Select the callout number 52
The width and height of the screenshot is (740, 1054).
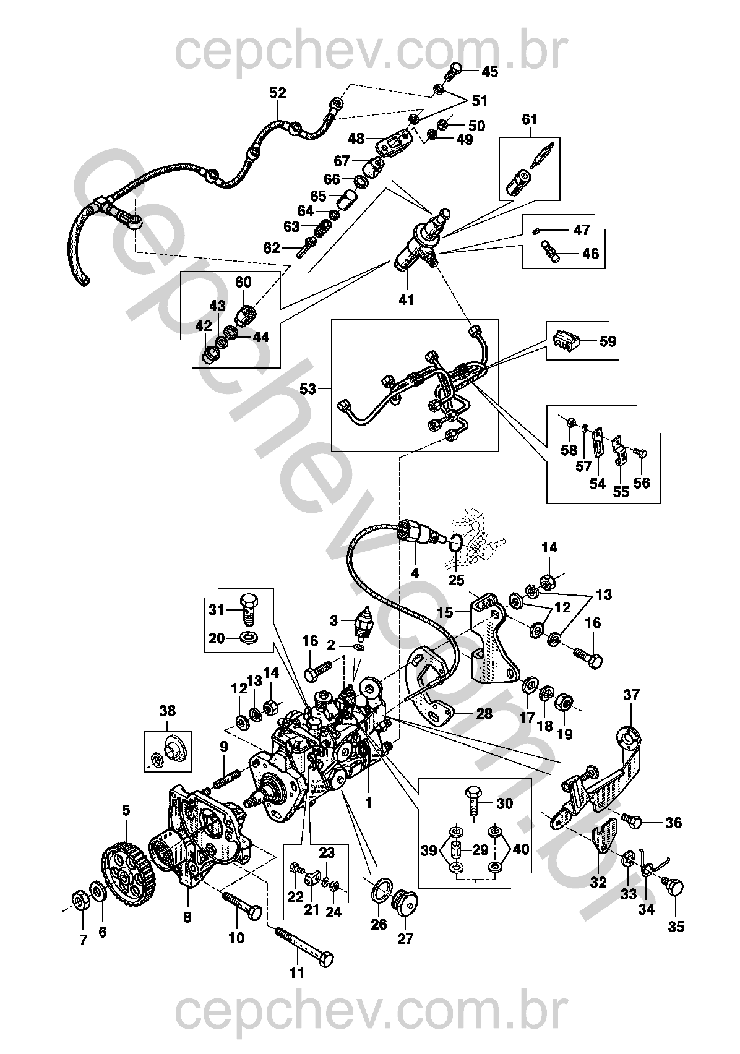tap(278, 93)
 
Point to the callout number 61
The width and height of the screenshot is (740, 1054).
tap(530, 119)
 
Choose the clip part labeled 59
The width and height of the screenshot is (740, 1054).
tap(565, 341)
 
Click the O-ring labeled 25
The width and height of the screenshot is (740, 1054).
tap(455, 543)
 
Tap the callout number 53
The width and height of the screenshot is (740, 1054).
tap(308, 389)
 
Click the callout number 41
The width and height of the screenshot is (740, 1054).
tap(407, 300)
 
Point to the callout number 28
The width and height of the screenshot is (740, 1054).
tap(484, 714)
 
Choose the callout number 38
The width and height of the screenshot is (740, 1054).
tap(168, 711)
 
